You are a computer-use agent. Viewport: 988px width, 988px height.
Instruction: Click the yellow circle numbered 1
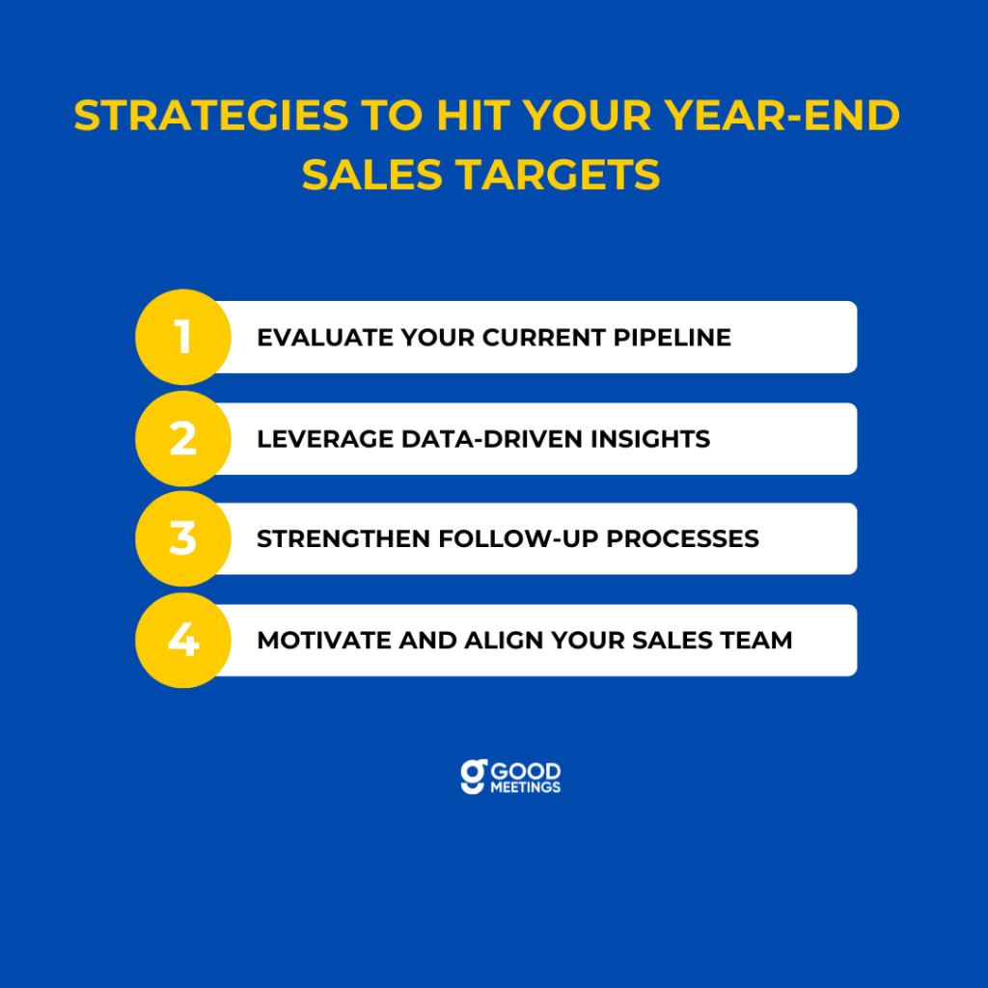pyautogui.click(x=183, y=337)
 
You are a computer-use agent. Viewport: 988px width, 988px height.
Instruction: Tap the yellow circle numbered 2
pyautogui.click(x=183, y=439)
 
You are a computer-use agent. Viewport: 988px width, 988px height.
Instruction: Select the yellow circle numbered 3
pyautogui.click(x=183, y=538)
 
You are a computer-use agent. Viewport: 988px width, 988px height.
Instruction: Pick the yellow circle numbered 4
pyautogui.click(x=183, y=641)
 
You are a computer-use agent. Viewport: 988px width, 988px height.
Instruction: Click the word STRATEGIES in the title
pyautogui.click(x=211, y=116)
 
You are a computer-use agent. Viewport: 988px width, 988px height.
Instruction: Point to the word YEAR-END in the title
pyautogui.click(x=782, y=116)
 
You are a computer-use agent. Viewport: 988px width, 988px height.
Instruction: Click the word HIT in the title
pyautogui.click(x=474, y=116)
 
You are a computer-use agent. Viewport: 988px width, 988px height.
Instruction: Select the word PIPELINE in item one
pyautogui.click(x=672, y=338)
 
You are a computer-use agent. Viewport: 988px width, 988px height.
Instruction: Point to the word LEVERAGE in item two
pyautogui.click(x=325, y=439)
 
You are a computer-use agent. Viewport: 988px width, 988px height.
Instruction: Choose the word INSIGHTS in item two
pyautogui.click(x=650, y=439)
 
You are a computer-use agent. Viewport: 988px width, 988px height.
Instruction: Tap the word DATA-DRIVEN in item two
pyautogui.click(x=492, y=439)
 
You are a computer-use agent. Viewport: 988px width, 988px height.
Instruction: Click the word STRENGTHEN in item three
pyautogui.click(x=343, y=539)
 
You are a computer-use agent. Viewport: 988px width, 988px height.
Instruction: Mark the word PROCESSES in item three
pyautogui.click(x=682, y=539)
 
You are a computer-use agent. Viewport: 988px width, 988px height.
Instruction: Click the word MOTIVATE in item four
pyautogui.click(x=324, y=641)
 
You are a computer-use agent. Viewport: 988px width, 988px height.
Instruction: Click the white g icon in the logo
pyautogui.click(x=474, y=777)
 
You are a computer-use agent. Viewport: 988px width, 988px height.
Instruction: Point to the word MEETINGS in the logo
pyautogui.click(x=526, y=787)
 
